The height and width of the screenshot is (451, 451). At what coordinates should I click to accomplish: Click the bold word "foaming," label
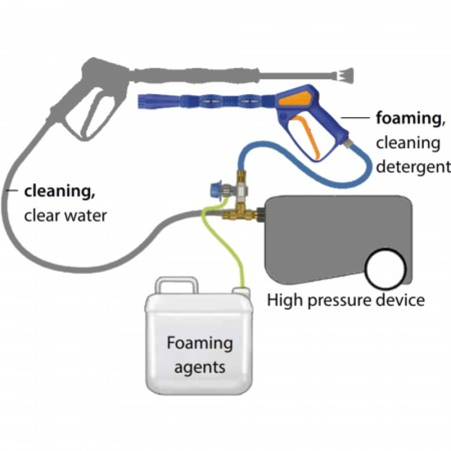pyautogui.click(x=404, y=119)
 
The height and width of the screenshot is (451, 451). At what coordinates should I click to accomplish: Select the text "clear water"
pyautogui.click(x=65, y=215)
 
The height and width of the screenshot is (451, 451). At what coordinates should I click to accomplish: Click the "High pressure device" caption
pyautogui.click(x=346, y=299)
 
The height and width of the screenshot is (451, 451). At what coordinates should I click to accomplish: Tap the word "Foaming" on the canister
pyautogui.click(x=199, y=344)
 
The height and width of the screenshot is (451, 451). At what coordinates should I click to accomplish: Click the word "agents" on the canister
pyautogui.click(x=199, y=367)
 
